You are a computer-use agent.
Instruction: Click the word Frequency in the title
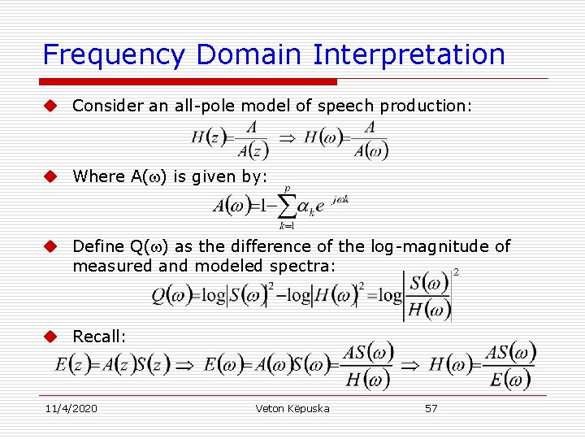click(x=115, y=54)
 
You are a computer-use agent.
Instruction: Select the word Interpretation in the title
click(x=409, y=54)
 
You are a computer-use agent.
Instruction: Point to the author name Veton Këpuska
click(x=292, y=408)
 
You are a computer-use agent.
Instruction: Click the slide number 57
click(x=431, y=408)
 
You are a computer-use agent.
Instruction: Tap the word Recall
click(x=99, y=337)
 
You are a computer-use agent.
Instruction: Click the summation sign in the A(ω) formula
click(x=286, y=205)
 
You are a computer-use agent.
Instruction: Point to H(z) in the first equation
click(x=208, y=137)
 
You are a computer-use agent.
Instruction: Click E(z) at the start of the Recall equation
click(x=72, y=364)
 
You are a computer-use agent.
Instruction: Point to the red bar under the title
click(x=188, y=81)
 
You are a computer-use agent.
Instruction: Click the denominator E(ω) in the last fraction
click(x=509, y=378)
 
